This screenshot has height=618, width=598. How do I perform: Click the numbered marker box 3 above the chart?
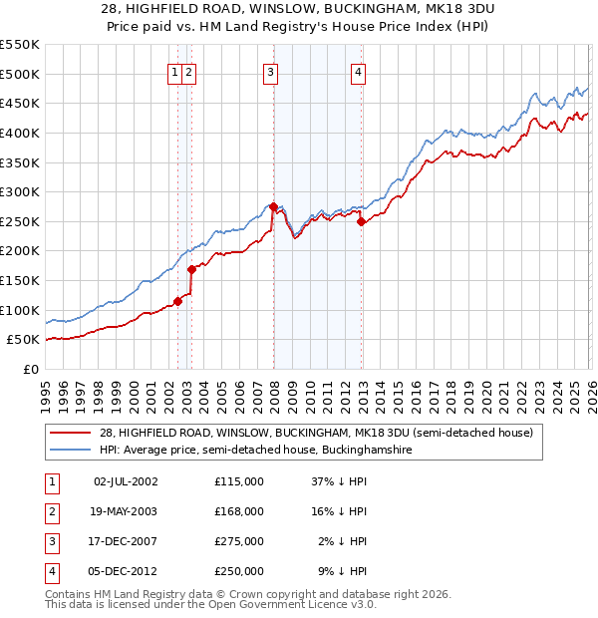click(271, 71)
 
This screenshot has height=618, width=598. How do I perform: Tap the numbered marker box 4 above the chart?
click(358, 71)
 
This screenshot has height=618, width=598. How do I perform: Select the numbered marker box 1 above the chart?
click(175, 71)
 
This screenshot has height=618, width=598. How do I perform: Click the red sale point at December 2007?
click(273, 206)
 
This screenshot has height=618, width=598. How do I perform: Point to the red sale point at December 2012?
click(361, 221)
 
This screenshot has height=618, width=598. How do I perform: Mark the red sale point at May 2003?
click(191, 269)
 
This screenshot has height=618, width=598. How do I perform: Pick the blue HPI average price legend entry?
click(255, 451)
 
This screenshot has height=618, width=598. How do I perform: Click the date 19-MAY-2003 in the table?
click(125, 511)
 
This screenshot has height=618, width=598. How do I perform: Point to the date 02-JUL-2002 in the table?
click(125, 481)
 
